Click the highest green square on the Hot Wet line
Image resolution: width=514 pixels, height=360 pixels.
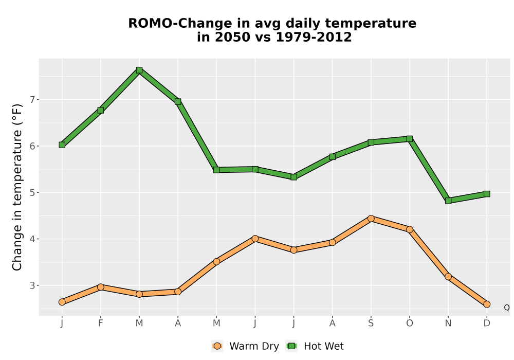(x=139, y=70)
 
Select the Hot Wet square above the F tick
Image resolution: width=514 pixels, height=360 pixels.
(x=101, y=110)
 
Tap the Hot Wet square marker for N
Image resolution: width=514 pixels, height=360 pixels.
(x=448, y=201)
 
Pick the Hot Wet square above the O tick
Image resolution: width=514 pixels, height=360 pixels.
(x=410, y=139)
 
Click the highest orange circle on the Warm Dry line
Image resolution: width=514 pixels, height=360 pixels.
(x=371, y=219)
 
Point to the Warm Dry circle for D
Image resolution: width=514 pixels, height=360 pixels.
(x=487, y=304)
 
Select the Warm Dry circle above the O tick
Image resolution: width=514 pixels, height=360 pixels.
(x=410, y=229)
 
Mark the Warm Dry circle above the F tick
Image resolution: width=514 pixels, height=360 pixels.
(x=101, y=287)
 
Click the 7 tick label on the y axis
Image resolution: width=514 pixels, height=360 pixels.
(x=32, y=100)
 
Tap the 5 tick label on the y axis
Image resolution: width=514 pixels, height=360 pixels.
(x=32, y=192)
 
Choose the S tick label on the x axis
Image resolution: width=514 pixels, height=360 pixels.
(x=371, y=323)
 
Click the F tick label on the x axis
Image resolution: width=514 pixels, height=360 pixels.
(x=101, y=323)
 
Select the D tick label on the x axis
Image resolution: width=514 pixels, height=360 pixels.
(x=487, y=323)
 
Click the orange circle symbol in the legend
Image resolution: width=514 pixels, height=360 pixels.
(x=217, y=346)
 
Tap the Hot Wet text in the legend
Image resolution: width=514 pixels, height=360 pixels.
(x=324, y=346)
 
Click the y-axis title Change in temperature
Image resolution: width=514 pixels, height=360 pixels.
(x=17, y=187)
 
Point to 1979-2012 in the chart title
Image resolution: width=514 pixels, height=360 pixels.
(x=314, y=37)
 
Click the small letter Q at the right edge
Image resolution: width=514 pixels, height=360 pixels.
(x=507, y=308)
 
